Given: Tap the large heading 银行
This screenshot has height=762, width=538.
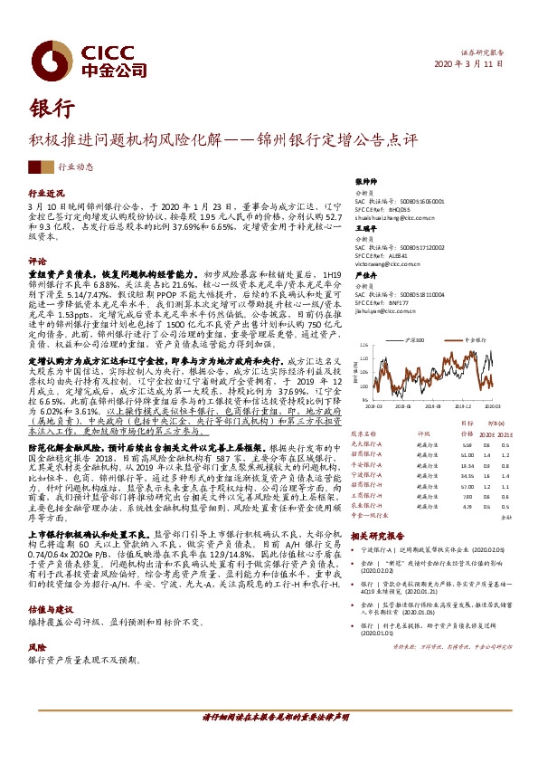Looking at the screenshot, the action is click(x=52, y=108).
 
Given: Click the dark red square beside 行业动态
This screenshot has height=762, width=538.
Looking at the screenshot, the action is click(x=36, y=167).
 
